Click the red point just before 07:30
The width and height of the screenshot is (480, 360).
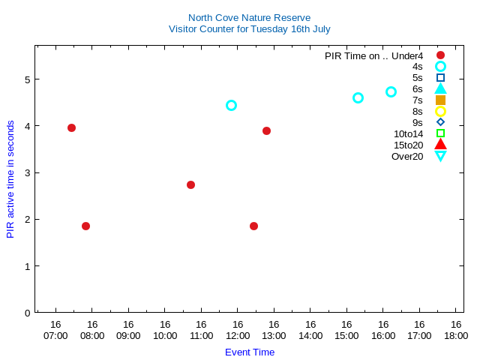pos(71,127)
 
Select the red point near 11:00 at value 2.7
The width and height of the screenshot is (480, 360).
pos(190,184)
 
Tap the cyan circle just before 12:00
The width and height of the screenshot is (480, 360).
pos(231,105)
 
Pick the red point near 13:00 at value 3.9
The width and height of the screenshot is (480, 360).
pos(266,130)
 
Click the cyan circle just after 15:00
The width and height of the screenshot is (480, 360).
pos(358,97)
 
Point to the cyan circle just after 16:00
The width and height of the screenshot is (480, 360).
pos(391,91)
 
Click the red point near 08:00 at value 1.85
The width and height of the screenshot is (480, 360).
pos(85,226)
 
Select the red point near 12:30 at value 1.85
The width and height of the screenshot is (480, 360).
pos(253,226)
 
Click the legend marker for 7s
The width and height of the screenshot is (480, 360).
pos(440,100)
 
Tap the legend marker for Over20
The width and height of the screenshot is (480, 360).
pos(440,156)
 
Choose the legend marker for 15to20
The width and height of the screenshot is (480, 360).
pos(440,145)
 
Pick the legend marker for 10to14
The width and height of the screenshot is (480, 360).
pos(440,133)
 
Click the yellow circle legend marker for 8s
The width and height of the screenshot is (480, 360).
pos(440,111)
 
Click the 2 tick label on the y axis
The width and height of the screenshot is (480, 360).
pos(27,220)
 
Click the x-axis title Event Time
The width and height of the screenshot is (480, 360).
pos(250,352)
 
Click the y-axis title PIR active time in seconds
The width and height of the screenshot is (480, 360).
pos(10,178)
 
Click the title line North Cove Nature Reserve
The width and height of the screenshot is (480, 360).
pos(249,17)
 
